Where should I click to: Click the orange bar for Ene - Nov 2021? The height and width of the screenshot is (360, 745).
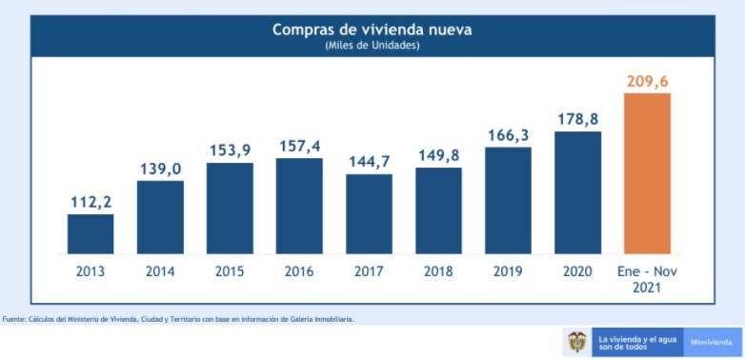click(x=647, y=173)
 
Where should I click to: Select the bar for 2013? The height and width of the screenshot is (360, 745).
click(x=91, y=234)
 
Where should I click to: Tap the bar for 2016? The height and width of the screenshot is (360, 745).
click(x=299, y=206)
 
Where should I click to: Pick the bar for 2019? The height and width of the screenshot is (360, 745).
click(x=508, y=201)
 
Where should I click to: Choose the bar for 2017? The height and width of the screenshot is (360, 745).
click(x=369, y=214)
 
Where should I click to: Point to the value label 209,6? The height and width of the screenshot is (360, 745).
click(x=647, y=81)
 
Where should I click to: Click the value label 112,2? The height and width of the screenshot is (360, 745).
click(x=91, y=201)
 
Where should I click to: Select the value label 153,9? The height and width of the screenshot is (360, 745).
click(x=230, y=150)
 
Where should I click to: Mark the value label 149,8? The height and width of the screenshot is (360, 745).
click(x=438, y=155)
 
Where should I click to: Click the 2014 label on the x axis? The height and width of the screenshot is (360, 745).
click(x=160, y=271)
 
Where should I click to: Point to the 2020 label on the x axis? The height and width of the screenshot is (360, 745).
click(x=577, y=271)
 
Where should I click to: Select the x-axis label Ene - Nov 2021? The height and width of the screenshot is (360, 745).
click(x=647, y=279)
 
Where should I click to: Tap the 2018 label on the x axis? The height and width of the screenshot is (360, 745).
click(x=438, y=271)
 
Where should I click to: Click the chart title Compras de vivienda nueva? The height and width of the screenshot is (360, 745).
click(x=372, y=30)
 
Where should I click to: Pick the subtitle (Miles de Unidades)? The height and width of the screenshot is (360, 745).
click(x=372, y=46)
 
